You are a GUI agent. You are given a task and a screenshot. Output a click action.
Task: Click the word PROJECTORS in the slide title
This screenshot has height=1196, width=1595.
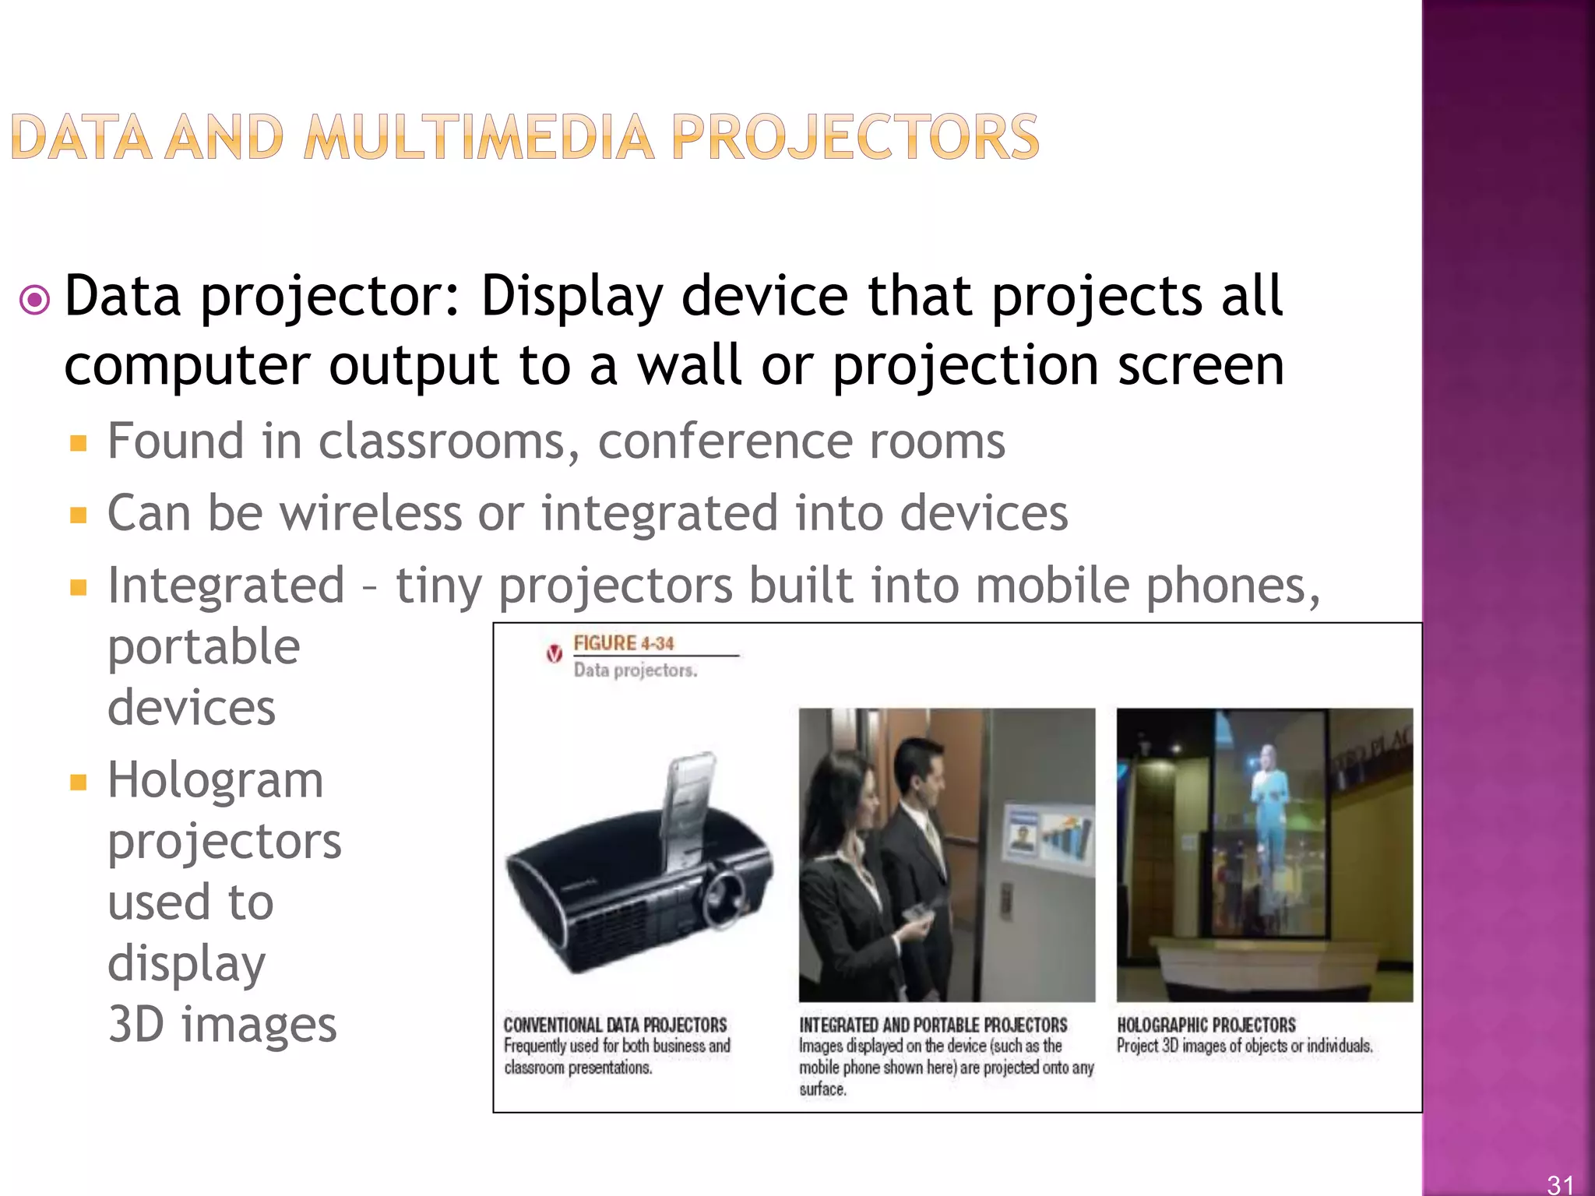pyautogui.click(x=854, y=138)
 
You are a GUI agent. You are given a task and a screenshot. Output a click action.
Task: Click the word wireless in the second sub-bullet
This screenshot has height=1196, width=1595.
pyautogui.click(x=371, y=514)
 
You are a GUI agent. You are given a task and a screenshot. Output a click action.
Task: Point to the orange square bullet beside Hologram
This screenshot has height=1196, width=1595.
pyautogui.click(x=78, y=782)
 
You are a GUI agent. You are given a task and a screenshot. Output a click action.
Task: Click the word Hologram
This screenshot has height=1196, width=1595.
pyautogui.click(x=215, y=780)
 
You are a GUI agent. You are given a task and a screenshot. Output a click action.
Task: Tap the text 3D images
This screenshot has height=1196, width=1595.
pyautogui.click(x=222, y=1025)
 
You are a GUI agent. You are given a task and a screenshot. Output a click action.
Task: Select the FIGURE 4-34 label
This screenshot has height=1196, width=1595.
pyautogui.click(x=623, y=643)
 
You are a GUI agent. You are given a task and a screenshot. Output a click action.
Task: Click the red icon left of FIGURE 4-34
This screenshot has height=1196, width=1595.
pyautogui.click(x=554, y=654)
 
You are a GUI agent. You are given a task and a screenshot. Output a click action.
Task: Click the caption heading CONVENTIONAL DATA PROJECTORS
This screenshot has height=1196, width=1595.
pyautogui.click(x=614, y=1025)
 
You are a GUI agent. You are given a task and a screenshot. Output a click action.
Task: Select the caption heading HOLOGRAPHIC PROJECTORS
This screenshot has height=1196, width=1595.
pyautogui.click(x=1206, y=1025)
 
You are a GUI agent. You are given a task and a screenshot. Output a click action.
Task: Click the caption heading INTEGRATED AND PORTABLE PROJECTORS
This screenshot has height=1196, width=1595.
pyautogui.click(x=933, y=1025)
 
